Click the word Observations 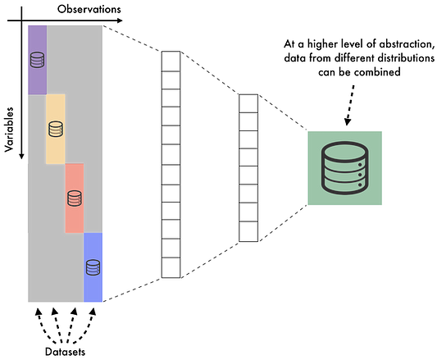[x=89, y=9]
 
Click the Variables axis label [x=9, y=130]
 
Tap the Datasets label [x=66, y=352]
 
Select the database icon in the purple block [x=38, y=60]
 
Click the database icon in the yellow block [x=56, y=129]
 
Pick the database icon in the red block [x=75, y=198]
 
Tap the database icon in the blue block [x=93, y=267]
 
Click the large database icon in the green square [x=344, y=168]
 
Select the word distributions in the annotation [x=406, y=58]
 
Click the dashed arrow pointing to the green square [x=350, y=106]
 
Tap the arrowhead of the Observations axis [x=120, y=21]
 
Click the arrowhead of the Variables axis [x=21, y=156]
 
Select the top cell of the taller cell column [x=171, y=62]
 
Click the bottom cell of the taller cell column [x=171, y=267]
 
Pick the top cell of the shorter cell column [x=248, y=103]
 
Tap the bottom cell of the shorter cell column [x=248, y=231]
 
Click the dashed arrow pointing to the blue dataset [x=85, y=326]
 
